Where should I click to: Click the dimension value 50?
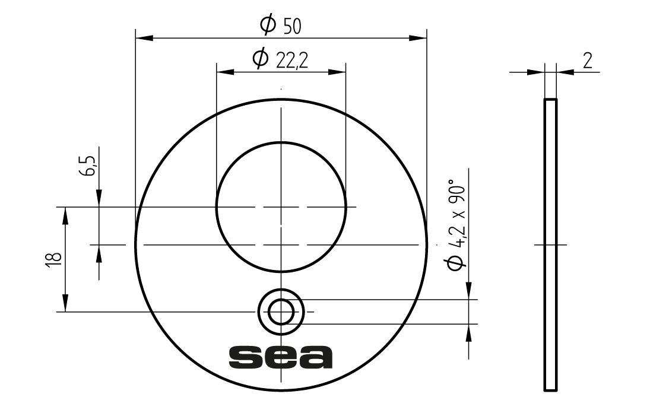point(292,27)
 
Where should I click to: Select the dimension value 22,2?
point(292,61)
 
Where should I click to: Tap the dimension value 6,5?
point(88,166)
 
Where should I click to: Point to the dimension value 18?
point(55,259)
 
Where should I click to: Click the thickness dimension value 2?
point(588,61)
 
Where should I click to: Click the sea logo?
point(281,357)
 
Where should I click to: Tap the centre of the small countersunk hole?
point(281,312)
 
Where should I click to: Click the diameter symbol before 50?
point(268,24)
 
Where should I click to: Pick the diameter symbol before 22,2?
point(260,58)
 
